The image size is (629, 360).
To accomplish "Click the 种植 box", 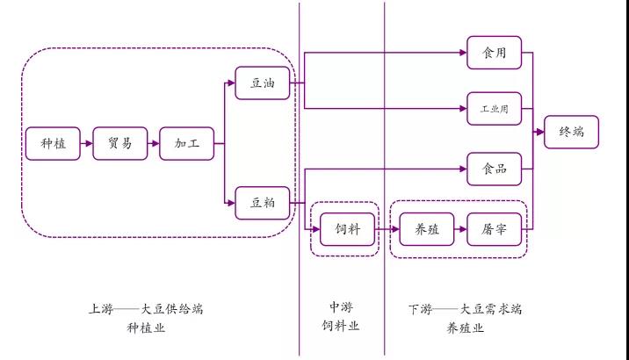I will coord(53,142).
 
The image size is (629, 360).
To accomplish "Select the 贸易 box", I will coord(119,142).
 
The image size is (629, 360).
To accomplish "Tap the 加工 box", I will coord(186,142).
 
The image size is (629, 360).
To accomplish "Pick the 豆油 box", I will coord(262,83).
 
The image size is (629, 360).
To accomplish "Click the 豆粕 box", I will coord(262,203).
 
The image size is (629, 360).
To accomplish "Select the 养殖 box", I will coord(426,230).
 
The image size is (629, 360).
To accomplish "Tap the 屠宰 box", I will coord(493,230).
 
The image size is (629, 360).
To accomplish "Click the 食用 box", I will coord(493,53).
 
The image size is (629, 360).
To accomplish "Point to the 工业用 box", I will coord(493,110).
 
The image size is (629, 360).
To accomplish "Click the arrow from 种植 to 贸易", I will coord(86,142).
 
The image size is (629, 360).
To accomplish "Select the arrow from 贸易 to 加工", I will coord(153,142).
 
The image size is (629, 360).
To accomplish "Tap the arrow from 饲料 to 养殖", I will coord(386,230).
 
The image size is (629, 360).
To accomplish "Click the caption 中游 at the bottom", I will coord(341,308).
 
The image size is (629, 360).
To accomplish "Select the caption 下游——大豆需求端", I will coord(466,309).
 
